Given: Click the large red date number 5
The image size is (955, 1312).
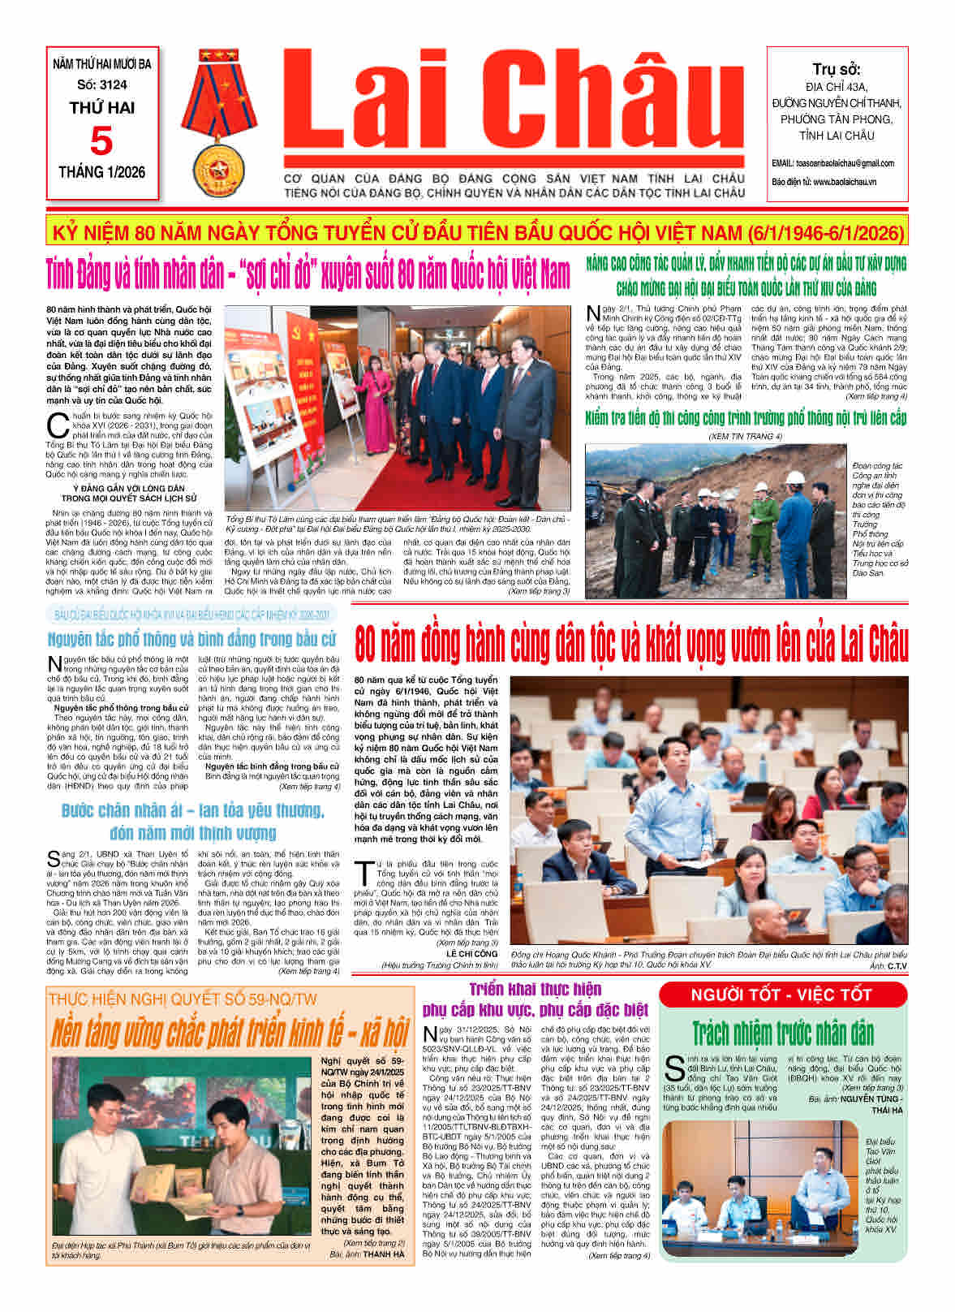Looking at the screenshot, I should click(101, 141).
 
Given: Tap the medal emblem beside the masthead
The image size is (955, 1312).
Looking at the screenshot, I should click(217, 124).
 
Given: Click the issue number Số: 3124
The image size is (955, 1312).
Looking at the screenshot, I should click(102, 84).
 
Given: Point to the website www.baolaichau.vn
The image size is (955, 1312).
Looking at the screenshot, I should click(844, 182).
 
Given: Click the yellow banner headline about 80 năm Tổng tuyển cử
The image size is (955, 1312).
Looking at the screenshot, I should click(477, 234).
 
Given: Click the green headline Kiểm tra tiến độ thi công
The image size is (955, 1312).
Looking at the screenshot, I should click(746, 418).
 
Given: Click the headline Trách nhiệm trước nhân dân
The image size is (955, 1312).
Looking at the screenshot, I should click(782, 1034).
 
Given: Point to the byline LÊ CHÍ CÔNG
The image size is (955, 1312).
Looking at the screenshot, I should click(474, 954).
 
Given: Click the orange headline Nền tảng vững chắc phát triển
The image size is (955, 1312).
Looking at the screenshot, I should click(229, 1034).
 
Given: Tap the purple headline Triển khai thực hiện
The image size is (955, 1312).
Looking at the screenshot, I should click(536, 989).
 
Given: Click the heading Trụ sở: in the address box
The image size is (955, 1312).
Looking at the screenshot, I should click(836, 69).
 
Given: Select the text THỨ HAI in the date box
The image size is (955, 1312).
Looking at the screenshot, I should click(102, 108).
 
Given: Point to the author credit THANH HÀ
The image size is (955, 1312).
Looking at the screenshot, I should click(383, 1254).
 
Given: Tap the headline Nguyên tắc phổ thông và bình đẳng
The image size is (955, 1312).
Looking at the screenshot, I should click(191, 638).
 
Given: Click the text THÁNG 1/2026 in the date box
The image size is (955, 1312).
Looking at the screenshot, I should click(102, 171).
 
